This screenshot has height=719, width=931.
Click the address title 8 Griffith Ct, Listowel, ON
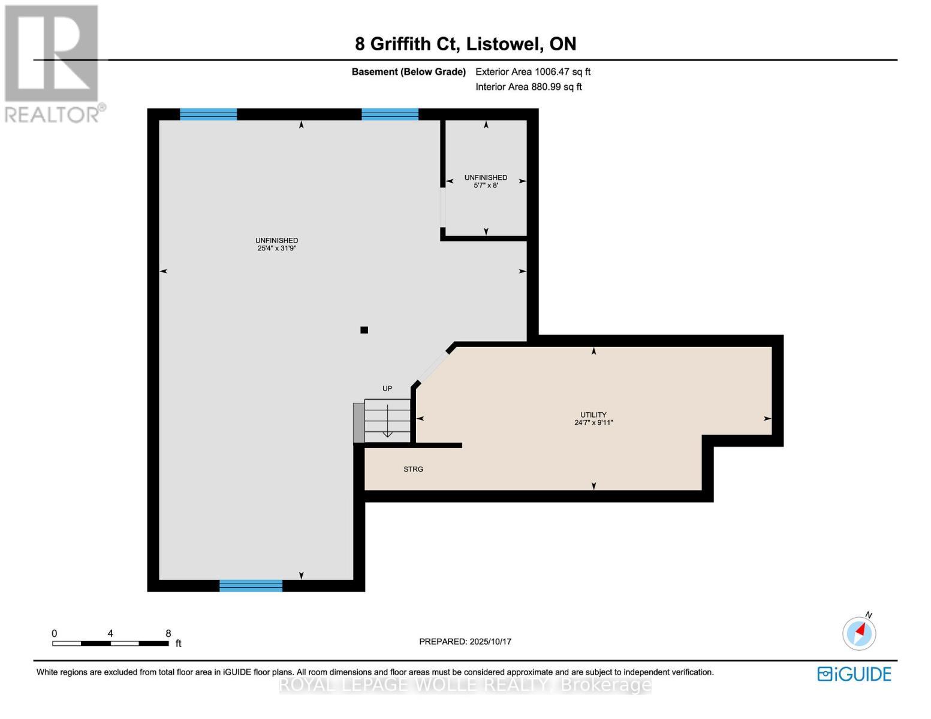pos(465,44)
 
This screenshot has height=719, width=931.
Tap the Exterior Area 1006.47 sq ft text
pos(532,72)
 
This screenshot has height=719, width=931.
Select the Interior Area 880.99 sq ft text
pos(528,87)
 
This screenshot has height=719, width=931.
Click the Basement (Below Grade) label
pos(408,72)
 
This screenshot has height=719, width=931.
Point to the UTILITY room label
pos(593,415)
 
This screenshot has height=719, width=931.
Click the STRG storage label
pos(413,469)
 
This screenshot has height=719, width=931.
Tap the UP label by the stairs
pos(387,389)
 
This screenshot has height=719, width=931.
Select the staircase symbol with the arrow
pos(387,421)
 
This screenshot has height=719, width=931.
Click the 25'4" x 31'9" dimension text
pos(276,248)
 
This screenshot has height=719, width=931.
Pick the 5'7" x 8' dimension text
pos(486,186)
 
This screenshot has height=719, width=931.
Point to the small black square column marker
pos(364,330)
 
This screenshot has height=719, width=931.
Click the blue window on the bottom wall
pos(251,585)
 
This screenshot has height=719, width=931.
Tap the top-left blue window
pos(208,114)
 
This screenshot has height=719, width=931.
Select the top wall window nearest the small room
pos(390,114)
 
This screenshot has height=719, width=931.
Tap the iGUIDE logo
pos(854,674)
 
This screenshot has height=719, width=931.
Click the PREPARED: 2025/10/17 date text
pos(465,642)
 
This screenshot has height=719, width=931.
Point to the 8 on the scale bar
pos(168,633)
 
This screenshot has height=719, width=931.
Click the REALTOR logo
pos(53,64)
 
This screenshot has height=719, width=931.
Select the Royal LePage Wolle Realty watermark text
pos(465,685)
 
